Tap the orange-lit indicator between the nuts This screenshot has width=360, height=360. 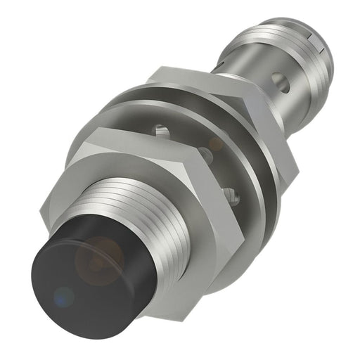(x=211, y=144)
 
